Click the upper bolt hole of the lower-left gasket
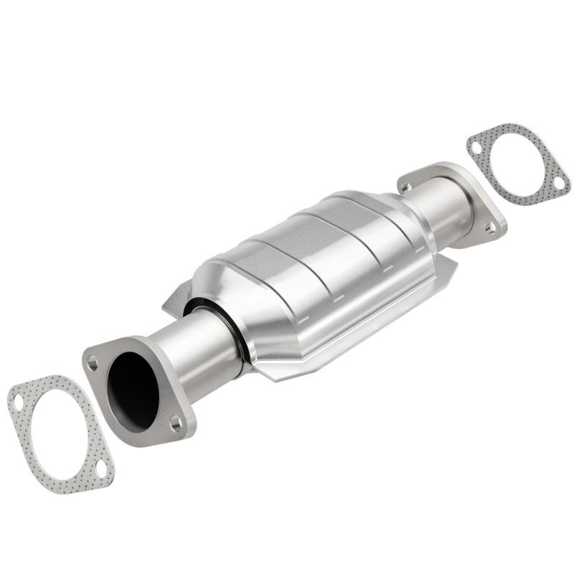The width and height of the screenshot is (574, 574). pos(19,403)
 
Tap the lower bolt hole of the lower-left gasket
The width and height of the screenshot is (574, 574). pos(100,470)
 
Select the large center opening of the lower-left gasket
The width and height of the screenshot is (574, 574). pos(60,436)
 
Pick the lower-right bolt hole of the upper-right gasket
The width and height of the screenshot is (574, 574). pos(558,184)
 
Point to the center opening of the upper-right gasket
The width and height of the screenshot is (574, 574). pos(518,164)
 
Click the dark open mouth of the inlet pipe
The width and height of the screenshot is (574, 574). pos(132,392)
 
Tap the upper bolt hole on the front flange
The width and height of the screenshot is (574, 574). pos(93,363)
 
